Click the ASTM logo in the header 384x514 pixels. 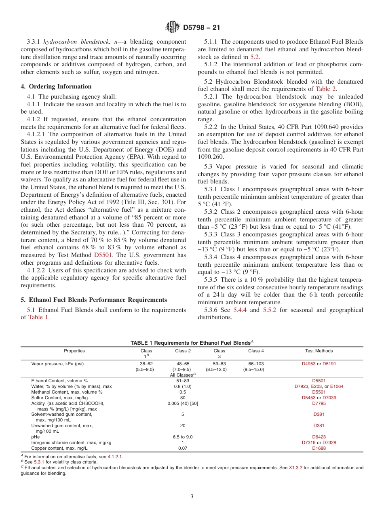[173, 27]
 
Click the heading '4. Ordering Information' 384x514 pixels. [56, 86]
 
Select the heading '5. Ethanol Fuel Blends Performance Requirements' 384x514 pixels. [94, 300]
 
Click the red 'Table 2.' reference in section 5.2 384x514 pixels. [326, 89]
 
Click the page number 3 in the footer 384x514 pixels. [192, 496]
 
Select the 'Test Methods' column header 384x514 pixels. [319, 351]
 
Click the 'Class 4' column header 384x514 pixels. [256, 351]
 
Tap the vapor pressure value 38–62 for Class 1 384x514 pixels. [146, 364]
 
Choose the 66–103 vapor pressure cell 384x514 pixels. [256, 364]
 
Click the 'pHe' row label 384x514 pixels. [36, 437]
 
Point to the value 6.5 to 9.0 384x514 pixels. [183, 437]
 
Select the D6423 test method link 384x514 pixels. [319, 437]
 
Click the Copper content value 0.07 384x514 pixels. [183, 448]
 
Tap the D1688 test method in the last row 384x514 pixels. [319, 448]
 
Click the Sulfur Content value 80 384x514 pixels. [183, 398]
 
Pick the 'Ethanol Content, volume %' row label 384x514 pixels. [59, 381]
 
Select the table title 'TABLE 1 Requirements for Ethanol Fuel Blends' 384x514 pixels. [190, 343]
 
